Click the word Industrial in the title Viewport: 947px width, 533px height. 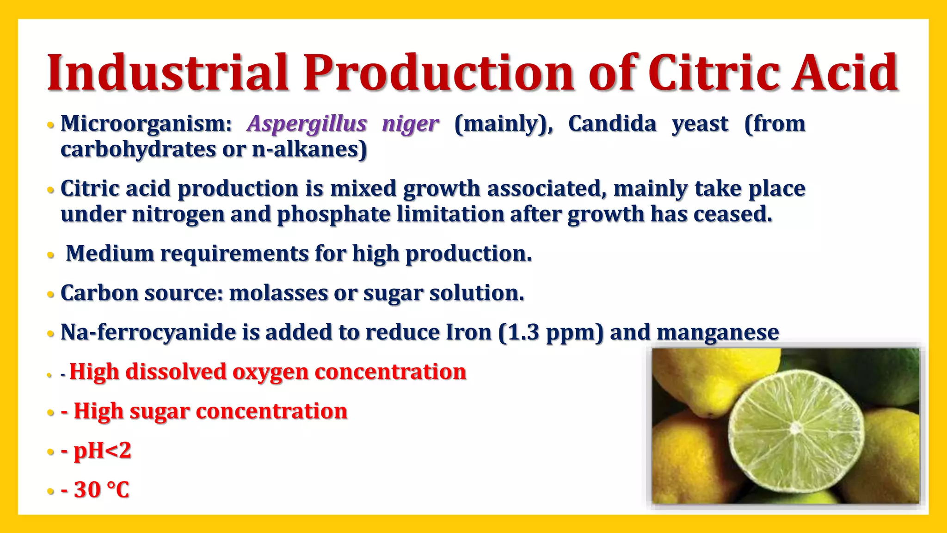coord(168,73)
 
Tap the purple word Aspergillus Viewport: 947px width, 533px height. coord(307,124)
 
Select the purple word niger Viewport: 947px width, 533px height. coord(410,124)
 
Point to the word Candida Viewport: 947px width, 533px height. coord(612,124)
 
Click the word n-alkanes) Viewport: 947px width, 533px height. coord(309,149)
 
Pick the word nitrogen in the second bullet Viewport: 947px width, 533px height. coord(178,214)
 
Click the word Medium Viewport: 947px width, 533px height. coord(110,254)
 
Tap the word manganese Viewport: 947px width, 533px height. coord(718,332)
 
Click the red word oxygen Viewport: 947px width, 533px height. coord(270,372)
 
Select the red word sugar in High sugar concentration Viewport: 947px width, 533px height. coord(160,411)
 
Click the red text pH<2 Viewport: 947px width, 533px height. coord(102,450)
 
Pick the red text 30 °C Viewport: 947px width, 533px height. coord(101,490)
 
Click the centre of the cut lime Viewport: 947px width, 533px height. coord(795,428)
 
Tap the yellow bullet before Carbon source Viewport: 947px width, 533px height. coord(50,294)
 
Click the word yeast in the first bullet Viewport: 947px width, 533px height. coord(700,124)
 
